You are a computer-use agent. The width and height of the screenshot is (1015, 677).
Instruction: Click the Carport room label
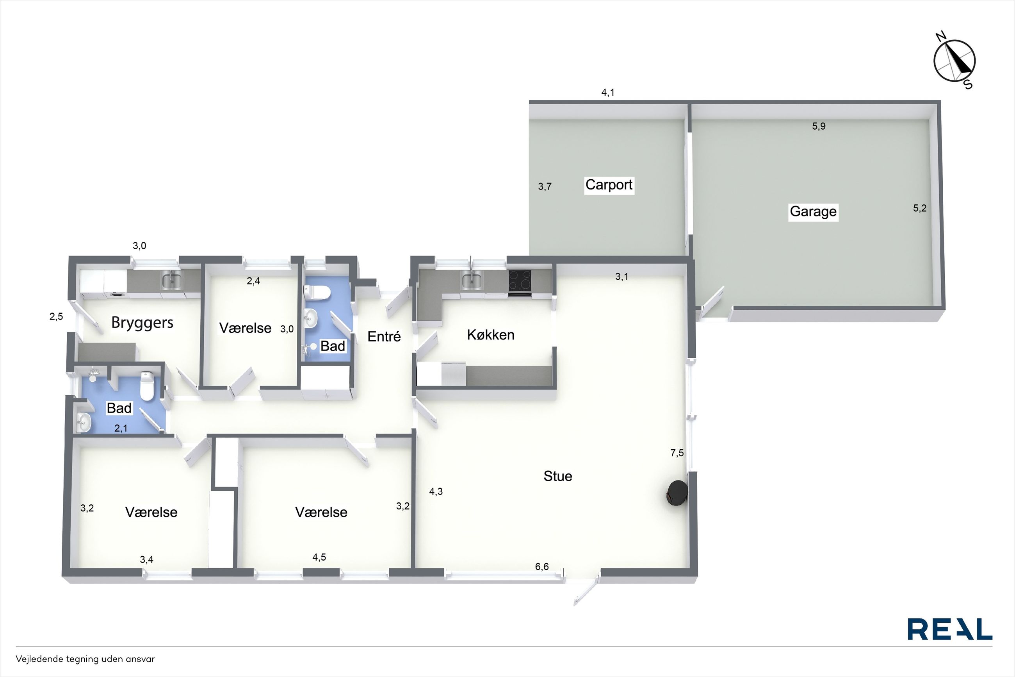(x=609, y=185)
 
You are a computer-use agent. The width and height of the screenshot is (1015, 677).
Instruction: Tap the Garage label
(x=813, y=212)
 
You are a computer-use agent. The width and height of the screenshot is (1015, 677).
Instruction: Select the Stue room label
(x=558, y=476)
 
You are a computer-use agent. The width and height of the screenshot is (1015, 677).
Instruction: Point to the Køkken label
(x=490, y=335)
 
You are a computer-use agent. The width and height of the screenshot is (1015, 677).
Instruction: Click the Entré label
(x=384, y=336)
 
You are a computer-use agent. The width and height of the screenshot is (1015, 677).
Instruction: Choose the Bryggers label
(x=142, y=323)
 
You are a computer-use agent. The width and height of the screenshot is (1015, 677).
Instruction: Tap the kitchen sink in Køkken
(x=472, y=281)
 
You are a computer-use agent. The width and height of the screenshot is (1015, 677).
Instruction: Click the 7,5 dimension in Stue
(x=677, y=453)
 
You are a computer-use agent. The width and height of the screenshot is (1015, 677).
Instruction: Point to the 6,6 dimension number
(x=542, y=566)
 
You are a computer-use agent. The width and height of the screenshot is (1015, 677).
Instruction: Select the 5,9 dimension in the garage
(x=819, y=126)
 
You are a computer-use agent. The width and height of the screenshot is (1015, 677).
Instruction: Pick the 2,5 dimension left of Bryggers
(x=56, y=316)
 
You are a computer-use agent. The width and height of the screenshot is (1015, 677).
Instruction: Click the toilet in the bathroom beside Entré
(x=317, y=292)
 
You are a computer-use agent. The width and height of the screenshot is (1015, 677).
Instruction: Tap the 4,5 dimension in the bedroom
(x=319, y=557)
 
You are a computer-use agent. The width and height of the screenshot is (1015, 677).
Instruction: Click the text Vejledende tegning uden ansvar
(x=85, y=659)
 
